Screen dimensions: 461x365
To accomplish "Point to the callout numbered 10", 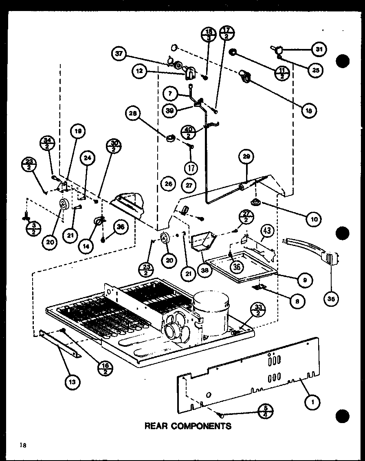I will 314,219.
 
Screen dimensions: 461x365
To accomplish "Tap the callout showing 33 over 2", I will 246,310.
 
